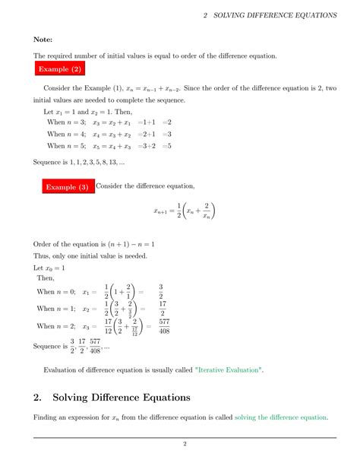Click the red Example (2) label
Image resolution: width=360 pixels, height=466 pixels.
click(x=62, y=70)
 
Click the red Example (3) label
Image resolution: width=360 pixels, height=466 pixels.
click(x=68, y=186)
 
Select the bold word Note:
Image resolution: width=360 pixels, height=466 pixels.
click(x=43, y=38)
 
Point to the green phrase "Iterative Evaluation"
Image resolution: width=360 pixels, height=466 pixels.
click(x=229, y=369)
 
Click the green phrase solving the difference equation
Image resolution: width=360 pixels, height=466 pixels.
click(x=281, y=417)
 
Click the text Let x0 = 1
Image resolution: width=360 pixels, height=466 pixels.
click(x=49, y=268)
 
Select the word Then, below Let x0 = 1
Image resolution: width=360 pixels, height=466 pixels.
click(x=46, y=279)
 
